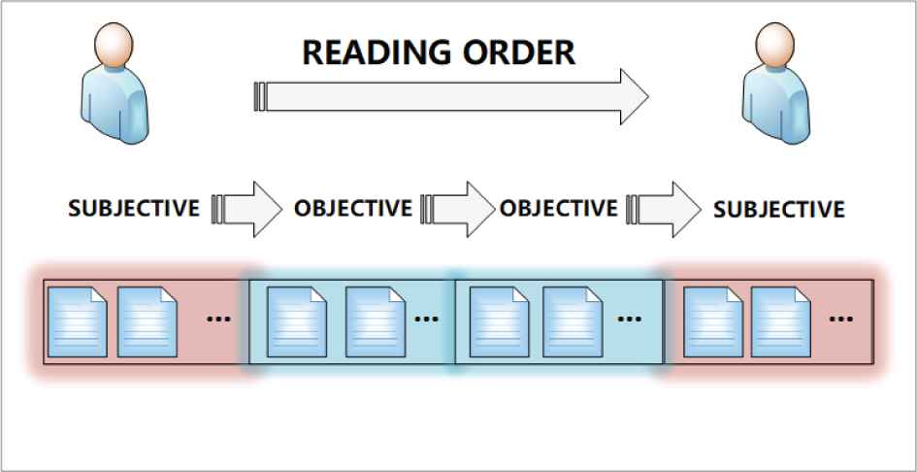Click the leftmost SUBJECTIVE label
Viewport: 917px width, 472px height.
click(134, 208)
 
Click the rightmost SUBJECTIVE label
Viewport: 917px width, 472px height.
click(778, 209)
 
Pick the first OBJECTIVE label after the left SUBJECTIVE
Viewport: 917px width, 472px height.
click(352, 208)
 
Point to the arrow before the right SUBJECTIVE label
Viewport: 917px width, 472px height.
click(665, 208)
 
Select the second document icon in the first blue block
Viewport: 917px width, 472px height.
click(375, 321)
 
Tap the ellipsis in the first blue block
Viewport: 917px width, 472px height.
click(427, 318)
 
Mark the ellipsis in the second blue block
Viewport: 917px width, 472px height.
click(631, 318)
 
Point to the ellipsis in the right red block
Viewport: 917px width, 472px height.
click(841, 318)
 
